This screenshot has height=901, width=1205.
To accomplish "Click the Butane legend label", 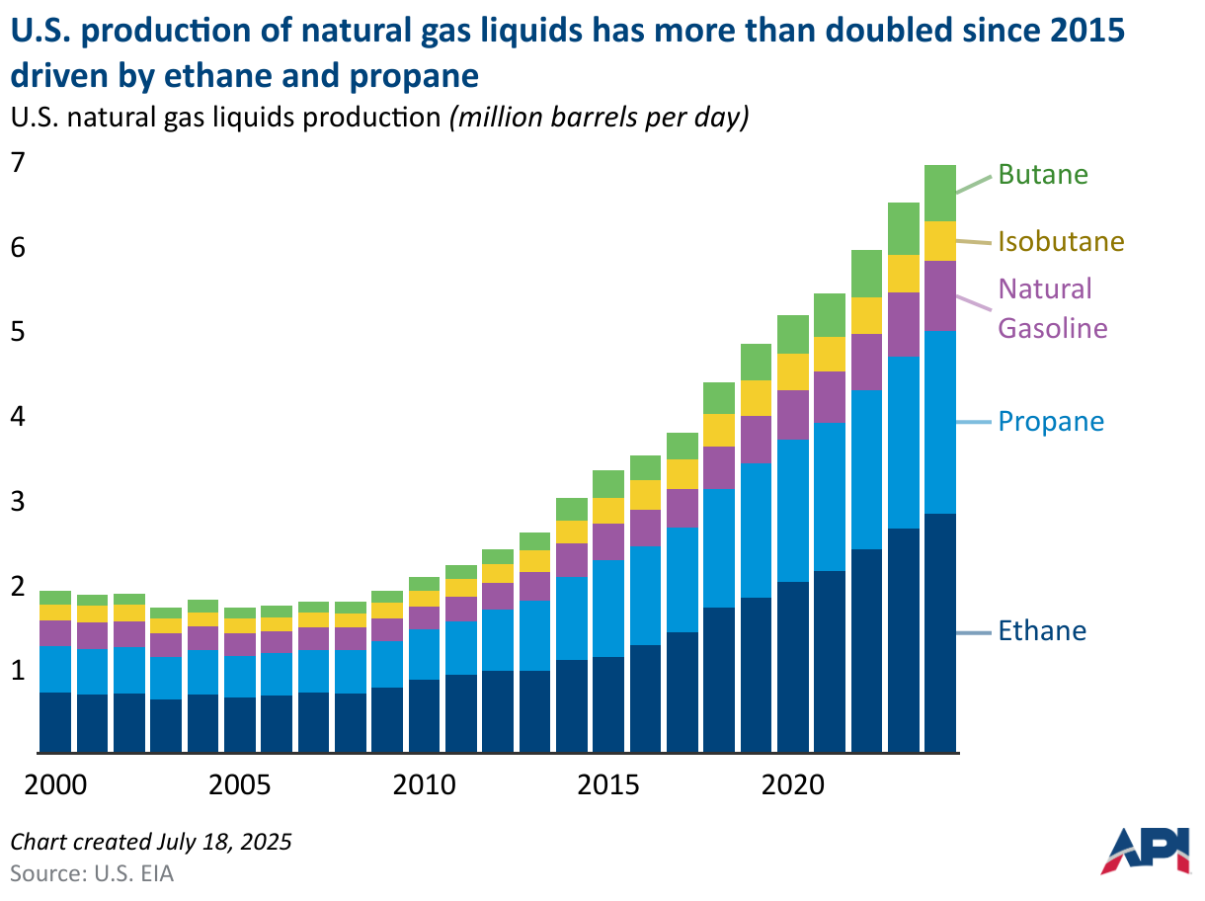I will (x=1042, y=175).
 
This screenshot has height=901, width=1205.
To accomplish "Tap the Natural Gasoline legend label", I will (x=1052, y=308).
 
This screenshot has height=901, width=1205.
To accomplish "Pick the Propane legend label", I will (x=1051, y=422).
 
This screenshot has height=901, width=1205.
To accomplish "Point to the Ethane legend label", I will (x=1042, y=631).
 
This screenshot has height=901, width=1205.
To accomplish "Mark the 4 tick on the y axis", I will (x=17, y=417).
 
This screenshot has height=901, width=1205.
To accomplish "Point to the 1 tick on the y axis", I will (x=17, y=671).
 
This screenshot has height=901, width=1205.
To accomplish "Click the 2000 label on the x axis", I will (x=55, y=786).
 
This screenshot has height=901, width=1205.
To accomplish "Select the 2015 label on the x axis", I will (x=608, y=786).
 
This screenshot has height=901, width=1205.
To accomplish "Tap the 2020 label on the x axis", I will (x=793, y=786).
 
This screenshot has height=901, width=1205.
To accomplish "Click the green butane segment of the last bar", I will (x=940, y=193).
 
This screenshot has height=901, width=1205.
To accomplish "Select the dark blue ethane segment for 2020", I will (x=793, y=667).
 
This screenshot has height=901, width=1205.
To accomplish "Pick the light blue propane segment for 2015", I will (x=608, y=608).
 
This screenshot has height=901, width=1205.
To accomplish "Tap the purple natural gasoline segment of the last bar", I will (x=940, y=295).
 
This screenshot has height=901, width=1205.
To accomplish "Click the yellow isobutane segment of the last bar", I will (x=940, y=240).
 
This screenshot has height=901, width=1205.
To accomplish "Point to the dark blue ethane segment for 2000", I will (x=55, y=722).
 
